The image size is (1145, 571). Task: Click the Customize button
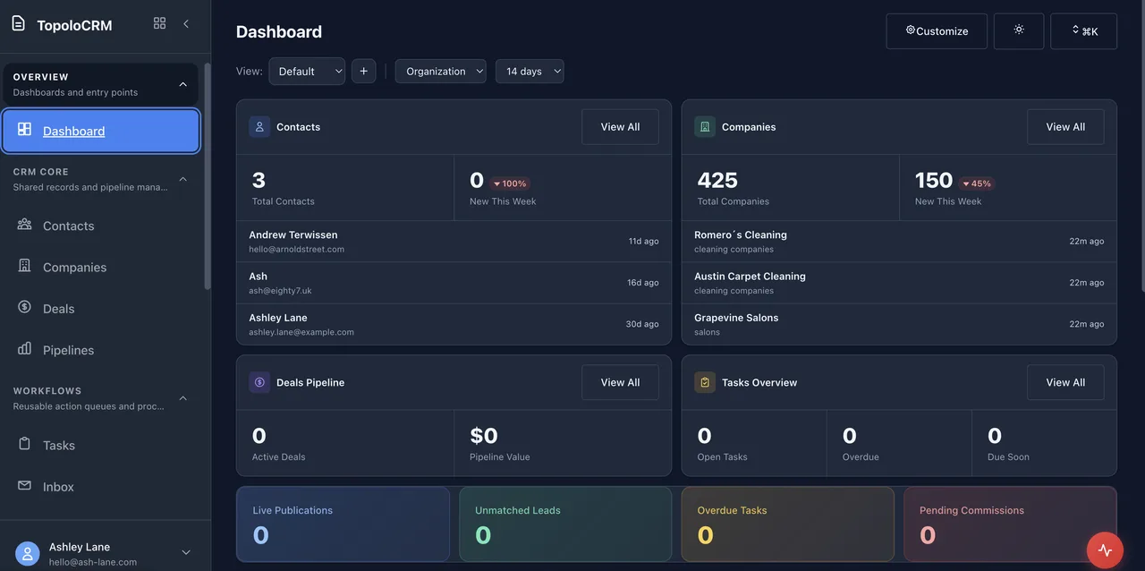click(937, 31)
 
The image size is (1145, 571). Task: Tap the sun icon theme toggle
click(1018, 30)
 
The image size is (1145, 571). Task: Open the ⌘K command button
click(1083, 31)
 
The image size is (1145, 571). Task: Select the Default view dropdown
click(307, 72)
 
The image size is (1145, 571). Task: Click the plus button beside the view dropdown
click(363, 72)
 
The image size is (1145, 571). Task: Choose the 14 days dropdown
click(530, 72)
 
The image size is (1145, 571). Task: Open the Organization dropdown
click(441, 72)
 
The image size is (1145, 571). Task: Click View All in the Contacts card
click(620, 127)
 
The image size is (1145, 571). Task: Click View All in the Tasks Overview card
click(1065, 382)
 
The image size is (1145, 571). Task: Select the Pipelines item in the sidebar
click(68, 350)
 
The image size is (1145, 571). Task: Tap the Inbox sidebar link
click(58, 487)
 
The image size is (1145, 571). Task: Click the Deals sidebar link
click(58, 309)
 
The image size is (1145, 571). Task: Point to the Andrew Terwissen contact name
click(293, 235)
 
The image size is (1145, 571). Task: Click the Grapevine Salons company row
click(899, 324)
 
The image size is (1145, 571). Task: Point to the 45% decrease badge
click(976, 183)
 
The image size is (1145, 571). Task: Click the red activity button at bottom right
click(1105, 550)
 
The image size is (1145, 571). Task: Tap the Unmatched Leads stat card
click(565, 524)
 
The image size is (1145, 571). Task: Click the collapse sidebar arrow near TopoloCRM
click(186, 24)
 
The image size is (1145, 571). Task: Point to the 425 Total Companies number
click(717, 181)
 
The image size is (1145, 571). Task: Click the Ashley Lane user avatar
click(28, 553)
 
